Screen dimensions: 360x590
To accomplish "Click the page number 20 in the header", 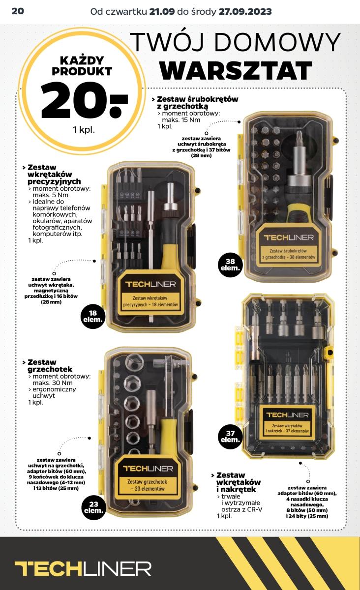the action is click(x=18, y=11).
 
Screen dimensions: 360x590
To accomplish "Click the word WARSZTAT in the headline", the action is click(x=236, y=70).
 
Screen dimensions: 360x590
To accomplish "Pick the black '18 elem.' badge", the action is click(x=93, y=316).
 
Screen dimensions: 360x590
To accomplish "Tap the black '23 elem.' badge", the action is click(x=94, y=507).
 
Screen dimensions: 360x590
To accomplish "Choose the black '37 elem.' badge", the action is click(x=230, y=437).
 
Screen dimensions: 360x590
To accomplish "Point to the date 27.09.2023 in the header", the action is click(x=245, y=12).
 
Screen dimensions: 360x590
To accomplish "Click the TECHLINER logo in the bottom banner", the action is click(x=83, y=568).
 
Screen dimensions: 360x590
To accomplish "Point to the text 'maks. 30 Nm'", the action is click(x=53, y=383).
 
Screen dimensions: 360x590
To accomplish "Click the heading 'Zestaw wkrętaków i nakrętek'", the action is click(x=238, y=482).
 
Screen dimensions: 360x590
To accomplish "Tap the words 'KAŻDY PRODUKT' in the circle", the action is click(x=82, y=66).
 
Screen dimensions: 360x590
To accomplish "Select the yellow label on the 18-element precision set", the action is click(x=150, y=294).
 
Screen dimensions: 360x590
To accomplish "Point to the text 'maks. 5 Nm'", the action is click(x=50, y=195).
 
